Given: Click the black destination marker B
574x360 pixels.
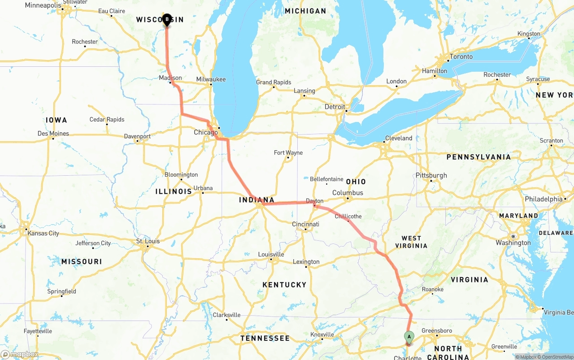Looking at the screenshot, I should click(167, 20).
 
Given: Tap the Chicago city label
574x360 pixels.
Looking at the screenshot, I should click(206, 132).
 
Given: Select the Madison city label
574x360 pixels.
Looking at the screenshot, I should click(170, 78).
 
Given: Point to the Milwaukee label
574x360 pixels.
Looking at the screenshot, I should click(211, 79).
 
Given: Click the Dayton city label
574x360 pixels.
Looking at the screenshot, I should click(314, 201).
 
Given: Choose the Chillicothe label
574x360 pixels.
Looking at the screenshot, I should click(348, 216).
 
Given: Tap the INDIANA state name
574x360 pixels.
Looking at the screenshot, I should click(257, 200).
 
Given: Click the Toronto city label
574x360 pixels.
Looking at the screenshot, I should click(461, 56).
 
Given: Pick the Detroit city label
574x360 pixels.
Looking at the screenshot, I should click(335, 107).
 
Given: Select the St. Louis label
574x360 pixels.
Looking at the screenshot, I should click(148, 241).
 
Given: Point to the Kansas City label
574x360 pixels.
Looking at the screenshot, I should click(43, 233).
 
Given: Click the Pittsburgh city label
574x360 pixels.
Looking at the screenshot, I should click(431, 175).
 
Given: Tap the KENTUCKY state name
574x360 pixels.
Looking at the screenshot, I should click(284, 285).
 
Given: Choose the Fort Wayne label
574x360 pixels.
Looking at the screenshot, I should click(288, 152).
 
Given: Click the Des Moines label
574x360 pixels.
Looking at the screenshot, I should click(53, 133).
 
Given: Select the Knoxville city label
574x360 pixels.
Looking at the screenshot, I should click(322, 334).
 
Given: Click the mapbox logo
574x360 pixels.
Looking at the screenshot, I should click(20, 354).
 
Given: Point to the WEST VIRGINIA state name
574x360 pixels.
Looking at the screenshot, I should click(411, 242).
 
